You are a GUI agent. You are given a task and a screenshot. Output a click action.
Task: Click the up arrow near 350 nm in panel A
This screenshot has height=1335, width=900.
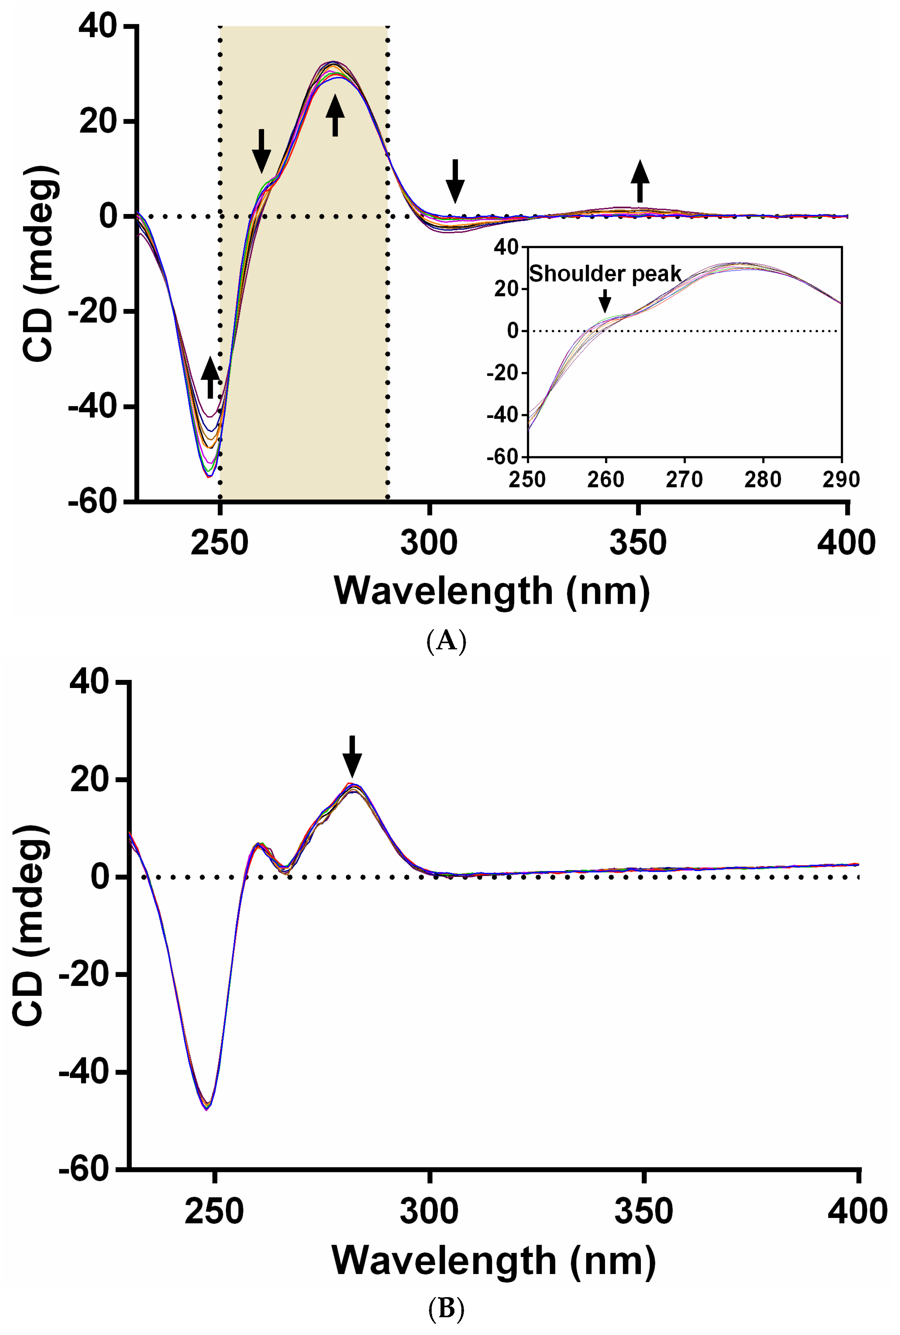click(x=640, y=181)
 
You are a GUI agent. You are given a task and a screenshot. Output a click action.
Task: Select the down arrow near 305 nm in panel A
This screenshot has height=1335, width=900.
click(x=455, y=181)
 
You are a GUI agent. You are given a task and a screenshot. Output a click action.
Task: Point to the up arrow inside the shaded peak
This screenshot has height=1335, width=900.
click(x=335, y=115)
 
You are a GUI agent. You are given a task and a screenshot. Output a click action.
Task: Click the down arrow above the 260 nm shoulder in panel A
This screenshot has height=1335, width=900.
click(x=262, y=150)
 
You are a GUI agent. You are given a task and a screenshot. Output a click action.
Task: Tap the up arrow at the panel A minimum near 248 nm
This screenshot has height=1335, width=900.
click(x=210, y=377)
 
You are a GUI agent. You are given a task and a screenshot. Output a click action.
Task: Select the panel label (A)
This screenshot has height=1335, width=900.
click(x=447, y=640)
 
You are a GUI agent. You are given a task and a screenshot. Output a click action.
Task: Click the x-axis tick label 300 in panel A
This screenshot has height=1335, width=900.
click(x=429, y=543)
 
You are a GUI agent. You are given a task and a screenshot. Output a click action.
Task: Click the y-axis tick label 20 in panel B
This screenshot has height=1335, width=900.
click(x=90, y=780)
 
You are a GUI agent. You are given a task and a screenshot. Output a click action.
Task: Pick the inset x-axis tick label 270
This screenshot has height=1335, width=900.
click(x=684, y=479)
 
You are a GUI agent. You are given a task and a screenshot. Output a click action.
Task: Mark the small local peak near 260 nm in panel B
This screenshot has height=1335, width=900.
click(x=259, y=844)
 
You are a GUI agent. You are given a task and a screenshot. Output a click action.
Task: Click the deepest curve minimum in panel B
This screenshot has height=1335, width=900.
click(x=207, y=1109)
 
